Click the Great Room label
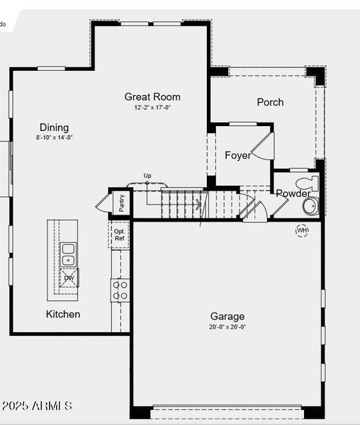pos(152,97)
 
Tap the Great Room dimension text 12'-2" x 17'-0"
pos(152,108)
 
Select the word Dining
pos(54,127)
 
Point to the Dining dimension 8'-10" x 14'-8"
pos(55,138)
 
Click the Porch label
pos(270,102)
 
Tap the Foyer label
pos(237,155)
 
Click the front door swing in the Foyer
pos(263,147)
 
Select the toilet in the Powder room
pos(311,184)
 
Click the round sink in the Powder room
pos(310,206)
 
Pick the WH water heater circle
pos(303,230)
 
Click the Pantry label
pos(122,203)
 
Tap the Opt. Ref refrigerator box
pos(119,234)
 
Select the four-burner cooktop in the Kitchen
pos(120,290)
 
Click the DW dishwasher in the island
pos(69,278)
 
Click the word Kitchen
pos(63,314)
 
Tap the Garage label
pos(227,317)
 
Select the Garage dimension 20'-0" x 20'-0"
pos(227,327)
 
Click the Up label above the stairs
pos(147,176)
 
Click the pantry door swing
pos(103,203)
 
